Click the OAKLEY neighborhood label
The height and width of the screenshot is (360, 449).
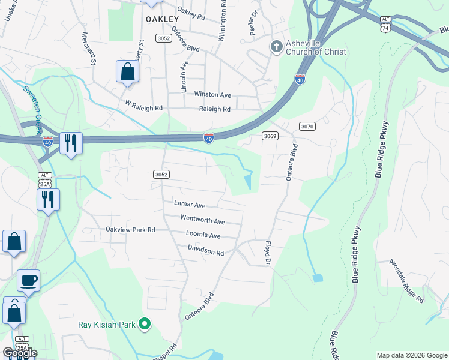tap(163, 19)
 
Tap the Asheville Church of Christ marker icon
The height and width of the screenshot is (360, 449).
tap(276, 47)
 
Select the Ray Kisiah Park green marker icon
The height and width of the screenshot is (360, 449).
tap(144, 325)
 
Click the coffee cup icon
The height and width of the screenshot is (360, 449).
tap(28, 280)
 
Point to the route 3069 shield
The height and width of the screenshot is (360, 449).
tap(270, 136)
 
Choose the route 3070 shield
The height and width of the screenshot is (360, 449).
tap(307, 126)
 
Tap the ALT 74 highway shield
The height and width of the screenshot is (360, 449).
tap(385, 23)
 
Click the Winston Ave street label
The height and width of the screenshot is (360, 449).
tap(212, 95)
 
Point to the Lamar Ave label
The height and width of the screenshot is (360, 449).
tap(190, 205)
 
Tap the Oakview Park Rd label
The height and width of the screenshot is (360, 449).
tap(130, 229)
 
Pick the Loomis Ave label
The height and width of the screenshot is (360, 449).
tap(203, 235)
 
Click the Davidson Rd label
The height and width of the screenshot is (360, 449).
tap(205, 250)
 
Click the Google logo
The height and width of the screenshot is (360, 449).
tap(19, 353)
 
